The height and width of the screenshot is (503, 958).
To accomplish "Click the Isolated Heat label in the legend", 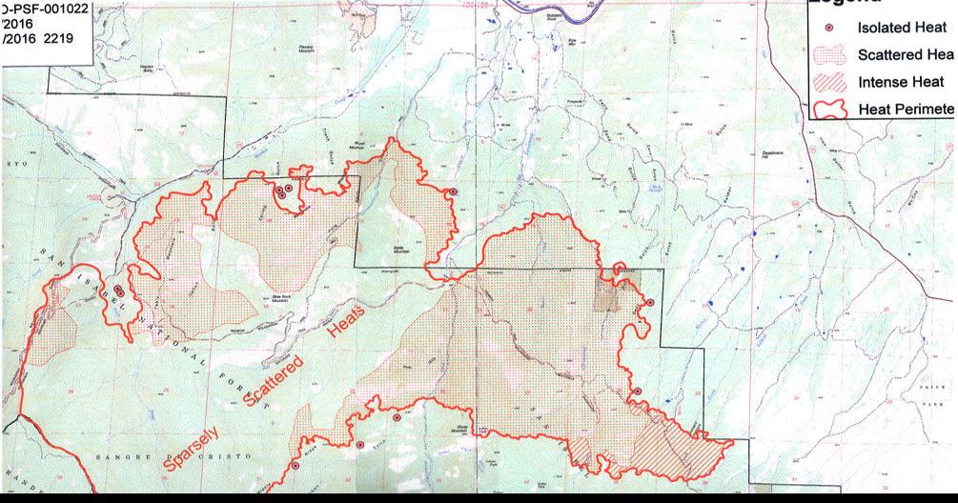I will [902, 29].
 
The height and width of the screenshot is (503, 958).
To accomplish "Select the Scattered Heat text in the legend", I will [905, 55].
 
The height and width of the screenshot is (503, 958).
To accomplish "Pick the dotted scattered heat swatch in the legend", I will [828, 55].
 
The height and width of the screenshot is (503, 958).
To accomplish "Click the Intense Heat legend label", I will [901, 83].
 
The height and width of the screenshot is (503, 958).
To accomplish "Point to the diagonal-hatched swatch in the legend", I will [828, 83].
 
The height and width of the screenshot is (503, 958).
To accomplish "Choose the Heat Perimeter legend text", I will [905, 110].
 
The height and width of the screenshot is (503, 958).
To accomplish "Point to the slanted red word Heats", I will [345, 330].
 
